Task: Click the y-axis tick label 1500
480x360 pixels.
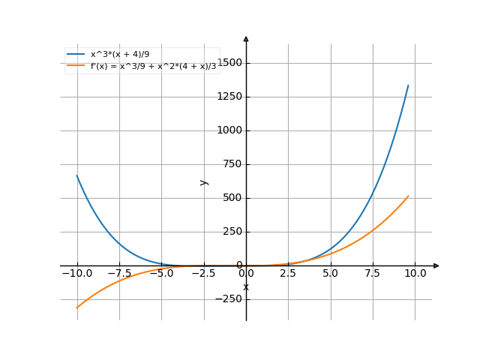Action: point(230,63)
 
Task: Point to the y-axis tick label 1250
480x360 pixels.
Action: point(230,97)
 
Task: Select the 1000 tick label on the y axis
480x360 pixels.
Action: point(230,130)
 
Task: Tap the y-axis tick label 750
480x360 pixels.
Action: point(232,164)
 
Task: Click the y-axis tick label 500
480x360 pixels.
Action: point(232,198)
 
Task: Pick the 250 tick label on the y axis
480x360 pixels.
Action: point(232,232)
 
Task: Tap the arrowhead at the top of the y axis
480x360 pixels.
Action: point(246,37)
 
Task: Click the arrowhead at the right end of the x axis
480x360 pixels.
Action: point(436,265)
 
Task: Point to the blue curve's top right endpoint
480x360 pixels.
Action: point(409,85)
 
